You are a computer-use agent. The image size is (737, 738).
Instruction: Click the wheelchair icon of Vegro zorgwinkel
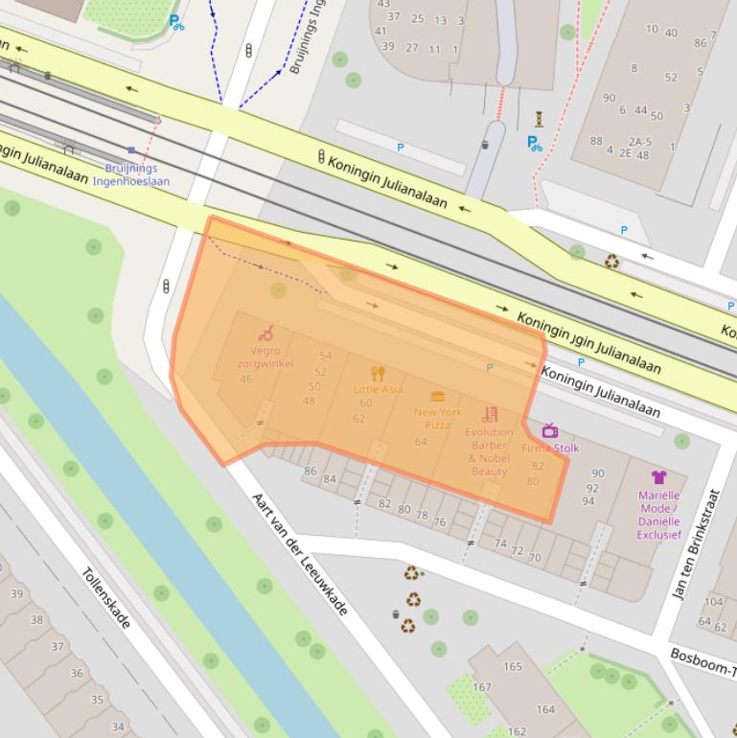point(265,333)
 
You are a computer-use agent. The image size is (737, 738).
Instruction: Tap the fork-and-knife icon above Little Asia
point(378,374)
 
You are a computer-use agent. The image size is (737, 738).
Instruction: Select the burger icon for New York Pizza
point(438,396)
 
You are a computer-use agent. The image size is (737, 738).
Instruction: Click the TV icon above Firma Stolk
point(550,430)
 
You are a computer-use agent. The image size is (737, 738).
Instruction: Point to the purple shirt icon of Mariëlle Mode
point(658,476)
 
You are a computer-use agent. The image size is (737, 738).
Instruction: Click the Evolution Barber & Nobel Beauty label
point(489,451)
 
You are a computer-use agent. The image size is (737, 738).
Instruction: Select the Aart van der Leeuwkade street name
point(299,554)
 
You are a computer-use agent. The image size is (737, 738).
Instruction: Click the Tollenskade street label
point(105,599)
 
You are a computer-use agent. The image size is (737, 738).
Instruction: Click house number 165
point(513,666)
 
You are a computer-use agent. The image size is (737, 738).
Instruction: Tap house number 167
point(482,687)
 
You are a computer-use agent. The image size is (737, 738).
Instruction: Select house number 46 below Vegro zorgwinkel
point(246,380)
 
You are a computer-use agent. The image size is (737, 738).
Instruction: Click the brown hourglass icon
point(540,119)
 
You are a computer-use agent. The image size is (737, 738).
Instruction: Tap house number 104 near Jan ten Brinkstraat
point(714,602)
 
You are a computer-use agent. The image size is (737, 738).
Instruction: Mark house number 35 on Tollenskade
point(97,700)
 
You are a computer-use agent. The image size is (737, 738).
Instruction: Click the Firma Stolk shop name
point(550,448)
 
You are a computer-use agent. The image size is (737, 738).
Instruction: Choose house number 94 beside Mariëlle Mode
point(588,501)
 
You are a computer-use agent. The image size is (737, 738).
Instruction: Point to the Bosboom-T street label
point(702,661)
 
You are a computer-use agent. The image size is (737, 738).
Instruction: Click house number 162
point(518,731)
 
